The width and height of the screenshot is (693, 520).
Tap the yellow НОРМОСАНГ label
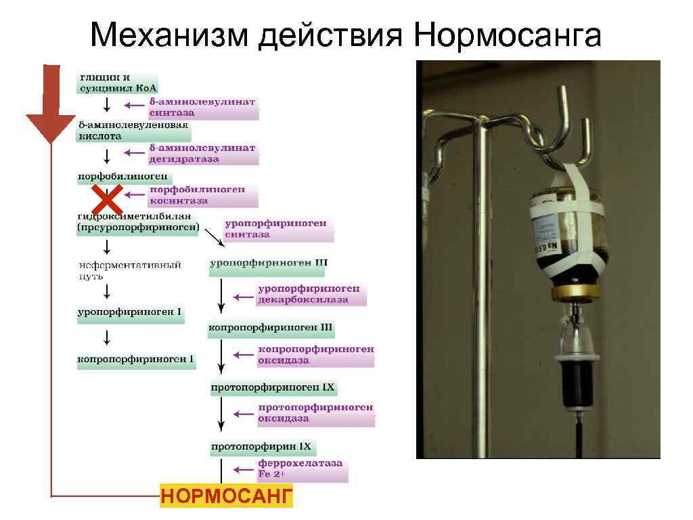click(x=226, y=496)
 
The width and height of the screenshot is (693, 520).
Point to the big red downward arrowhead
click(x=51, y=128)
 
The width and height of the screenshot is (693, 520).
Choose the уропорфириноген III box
click(x=268, y=263)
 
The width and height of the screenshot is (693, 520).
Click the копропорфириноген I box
click(x=136, y=360)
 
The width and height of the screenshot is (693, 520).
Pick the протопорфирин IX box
click(x=261, y=447)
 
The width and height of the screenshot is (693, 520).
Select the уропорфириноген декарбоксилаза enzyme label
click(x=311, y=295)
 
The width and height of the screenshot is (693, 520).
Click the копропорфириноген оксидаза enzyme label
click(x=315, y=355)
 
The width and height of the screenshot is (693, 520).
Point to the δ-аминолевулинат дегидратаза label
click(x=202, y=154)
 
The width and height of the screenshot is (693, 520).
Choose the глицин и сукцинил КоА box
click(x=116, y=82)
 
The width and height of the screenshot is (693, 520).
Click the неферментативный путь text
click(x=129, y=271)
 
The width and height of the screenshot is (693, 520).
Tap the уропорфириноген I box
click(x=129, y=313)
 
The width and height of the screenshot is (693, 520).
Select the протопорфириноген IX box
click(x=273, y=388)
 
